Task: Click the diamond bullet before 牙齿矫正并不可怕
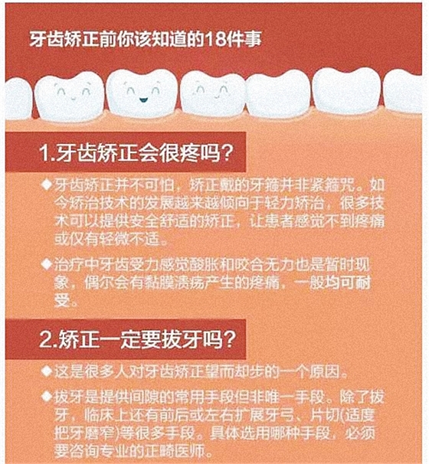click(x=47, y=187)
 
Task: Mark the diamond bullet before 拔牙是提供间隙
click(x=47, y=396)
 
